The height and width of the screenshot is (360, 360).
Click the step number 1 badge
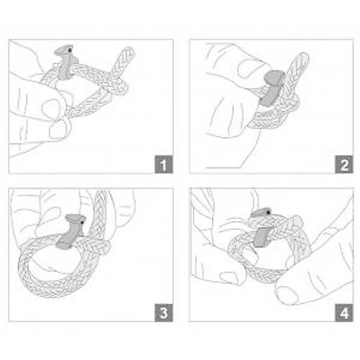[x=163, y=164]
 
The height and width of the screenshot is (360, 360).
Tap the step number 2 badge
[x=344, y=164]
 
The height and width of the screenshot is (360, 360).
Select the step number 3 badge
[x=163, y=312]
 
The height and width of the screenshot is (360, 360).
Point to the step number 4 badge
[x=344, y=312]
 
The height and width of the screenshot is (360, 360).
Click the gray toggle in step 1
[x=65, y=63]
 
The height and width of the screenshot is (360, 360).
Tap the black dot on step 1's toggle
[x=69, y=50]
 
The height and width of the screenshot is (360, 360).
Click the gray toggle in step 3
[x=71, y=232]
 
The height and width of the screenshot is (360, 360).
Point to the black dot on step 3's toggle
[x=82, y=222]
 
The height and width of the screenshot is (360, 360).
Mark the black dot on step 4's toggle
[x=268, y=212]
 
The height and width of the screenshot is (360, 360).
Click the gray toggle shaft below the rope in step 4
[x=261, y=238]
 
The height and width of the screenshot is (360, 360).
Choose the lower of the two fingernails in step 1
[x=59, y=130]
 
